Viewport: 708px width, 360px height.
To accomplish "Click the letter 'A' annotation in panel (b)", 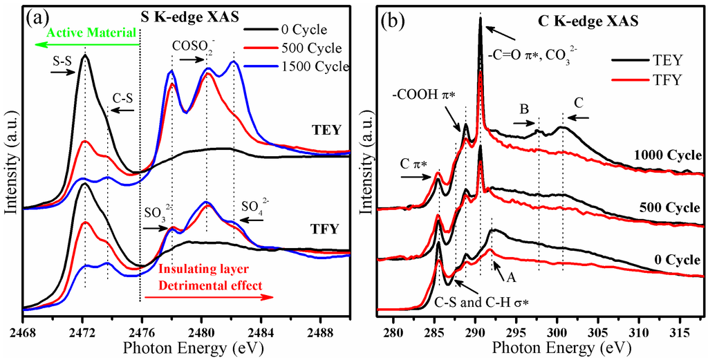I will pyautogui.click(x=511, y=277).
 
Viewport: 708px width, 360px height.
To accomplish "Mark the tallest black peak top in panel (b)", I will pyautogui.click(x=480, y=19).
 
